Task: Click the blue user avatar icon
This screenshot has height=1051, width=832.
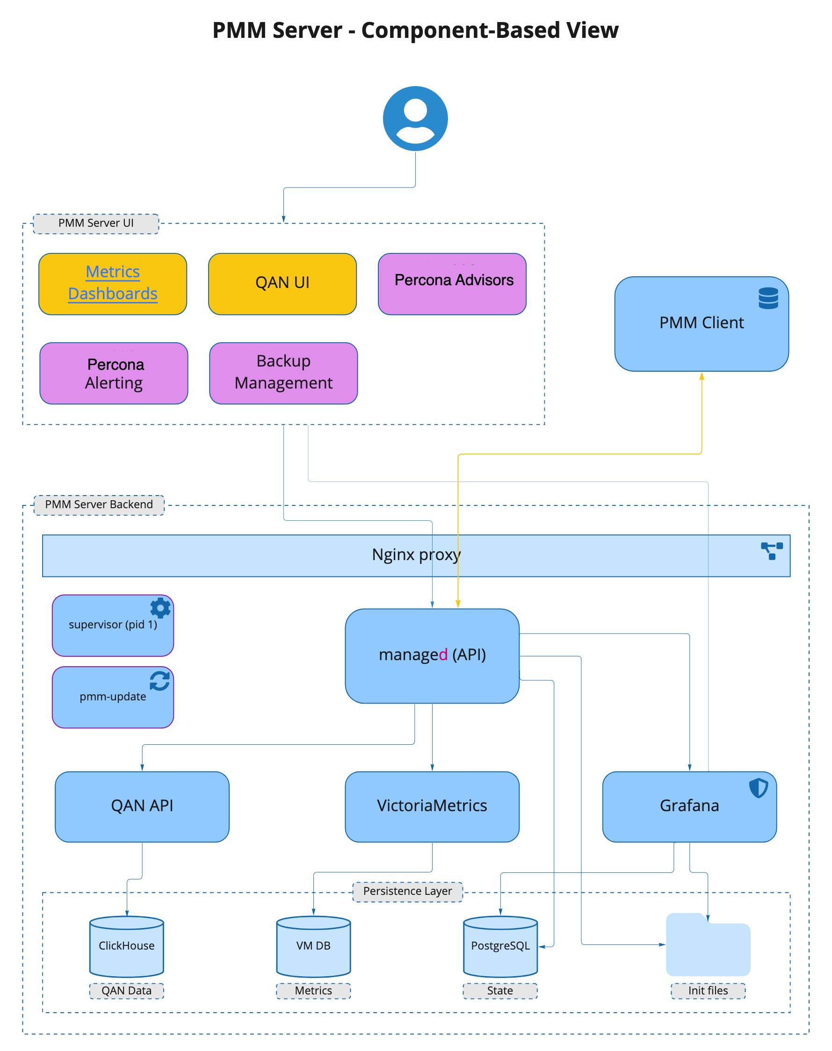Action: click(x=415, y=118)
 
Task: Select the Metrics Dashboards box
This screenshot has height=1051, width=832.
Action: click(x=113, y=283)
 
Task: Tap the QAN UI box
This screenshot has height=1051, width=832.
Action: click(x=282, y=283)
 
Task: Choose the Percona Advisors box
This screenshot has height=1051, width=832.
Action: click(x=452, y=283)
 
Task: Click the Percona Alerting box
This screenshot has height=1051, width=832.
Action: click(x=114, y=373)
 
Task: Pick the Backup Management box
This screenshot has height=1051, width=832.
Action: click(x=283, y=373)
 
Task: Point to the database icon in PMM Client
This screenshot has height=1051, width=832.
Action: click(x=768, y=298)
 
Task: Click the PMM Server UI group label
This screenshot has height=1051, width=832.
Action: click(x=96, y=223)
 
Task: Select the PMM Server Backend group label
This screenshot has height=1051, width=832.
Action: click(x=99, y=504)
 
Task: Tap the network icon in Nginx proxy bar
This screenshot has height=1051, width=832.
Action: click(x=772, y=551)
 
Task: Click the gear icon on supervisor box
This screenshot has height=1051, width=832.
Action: click(x=160, y=608)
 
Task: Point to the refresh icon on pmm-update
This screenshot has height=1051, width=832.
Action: click(x=160, y=680)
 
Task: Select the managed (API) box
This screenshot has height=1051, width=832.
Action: click(x=432, y=655)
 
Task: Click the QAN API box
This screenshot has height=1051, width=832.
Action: click(x=142, y=806)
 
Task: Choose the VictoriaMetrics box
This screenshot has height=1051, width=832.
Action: click(x=432, y=806)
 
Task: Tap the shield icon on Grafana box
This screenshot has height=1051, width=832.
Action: click(x=758, y=787)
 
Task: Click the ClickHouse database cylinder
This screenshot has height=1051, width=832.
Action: click(x=127, y=946)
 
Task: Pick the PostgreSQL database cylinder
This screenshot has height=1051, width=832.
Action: click(x=500, y=946)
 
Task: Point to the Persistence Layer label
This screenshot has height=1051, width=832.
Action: click(x=408, y=891)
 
